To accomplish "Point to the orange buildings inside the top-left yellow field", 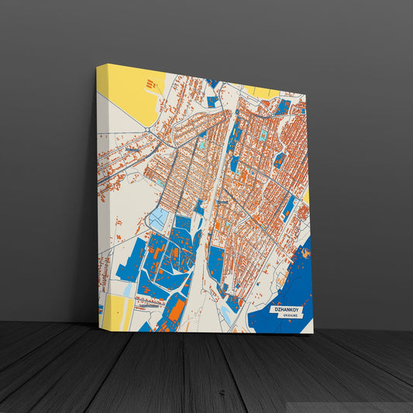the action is pos(147,83).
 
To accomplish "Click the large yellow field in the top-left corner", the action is pos(128,93).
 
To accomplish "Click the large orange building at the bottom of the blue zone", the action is pos(176,309).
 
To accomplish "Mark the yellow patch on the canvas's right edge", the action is pos(307,197).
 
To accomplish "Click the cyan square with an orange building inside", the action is pos(263,135).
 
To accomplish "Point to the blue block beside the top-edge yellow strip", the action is pos(284,106).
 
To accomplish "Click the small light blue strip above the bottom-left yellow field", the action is pos(126,288).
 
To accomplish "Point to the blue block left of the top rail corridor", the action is pos(212,102).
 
